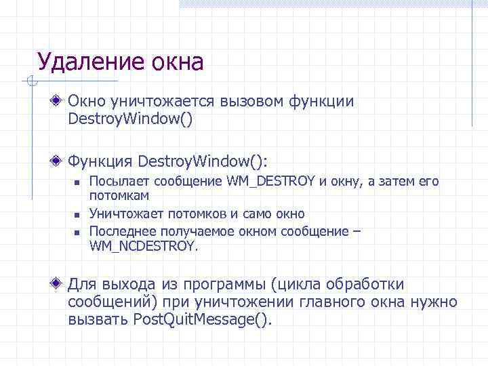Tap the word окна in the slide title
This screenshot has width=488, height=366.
coord(176,62)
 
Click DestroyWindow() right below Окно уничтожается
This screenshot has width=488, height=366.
coord(130,120)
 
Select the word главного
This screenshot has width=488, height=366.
coord(325,302)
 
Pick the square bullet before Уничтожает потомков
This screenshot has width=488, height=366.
coord(78,215)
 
